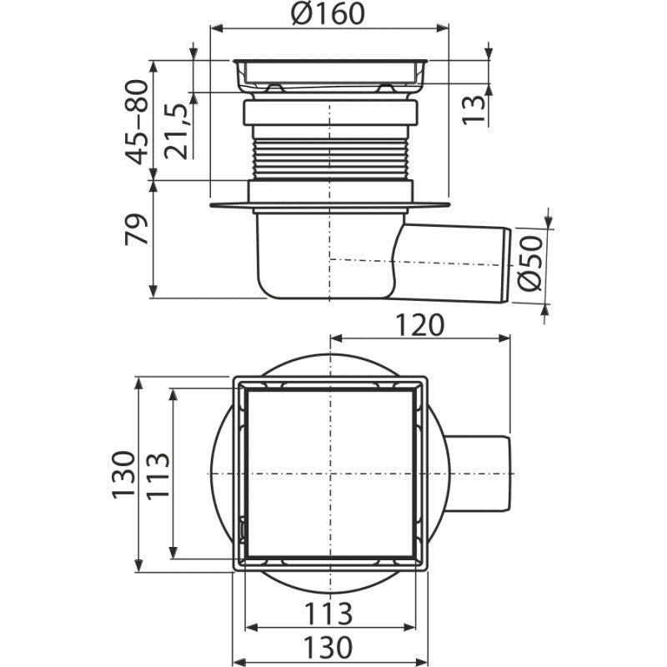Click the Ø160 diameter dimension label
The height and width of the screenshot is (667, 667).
[x=328, y=13]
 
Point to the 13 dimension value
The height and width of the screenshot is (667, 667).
[x=474, y=110]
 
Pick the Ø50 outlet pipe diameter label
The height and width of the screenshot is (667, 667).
[x=530, y=263]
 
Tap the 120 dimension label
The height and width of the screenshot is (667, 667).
[x=419, y=325]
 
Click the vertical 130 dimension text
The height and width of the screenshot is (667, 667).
[x=123, y=474]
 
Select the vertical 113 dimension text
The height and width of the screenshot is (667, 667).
[x=158, y=474]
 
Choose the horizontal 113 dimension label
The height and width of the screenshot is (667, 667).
[x=328, y=614]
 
